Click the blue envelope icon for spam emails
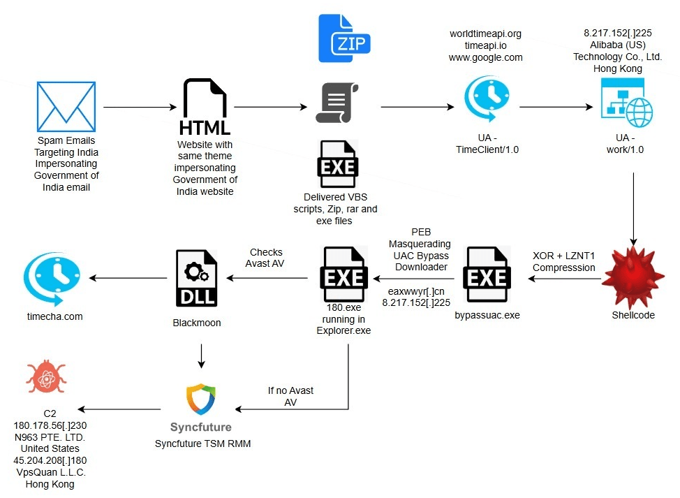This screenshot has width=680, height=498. click(66, 107)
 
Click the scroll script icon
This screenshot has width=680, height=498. click(337, 103)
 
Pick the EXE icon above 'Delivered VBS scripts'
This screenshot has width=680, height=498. click(338, 165)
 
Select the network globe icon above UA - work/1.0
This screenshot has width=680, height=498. click(626, 102)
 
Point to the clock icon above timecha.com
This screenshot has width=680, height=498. click(52, 278)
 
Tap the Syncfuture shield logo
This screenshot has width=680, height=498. click(200, 400)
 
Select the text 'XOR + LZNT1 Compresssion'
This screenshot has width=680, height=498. click(563, 262)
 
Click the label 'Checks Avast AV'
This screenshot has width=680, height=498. click(266, 257)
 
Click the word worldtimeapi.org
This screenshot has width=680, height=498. click(485, 34)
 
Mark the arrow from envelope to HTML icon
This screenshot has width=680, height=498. click(140, 108)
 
